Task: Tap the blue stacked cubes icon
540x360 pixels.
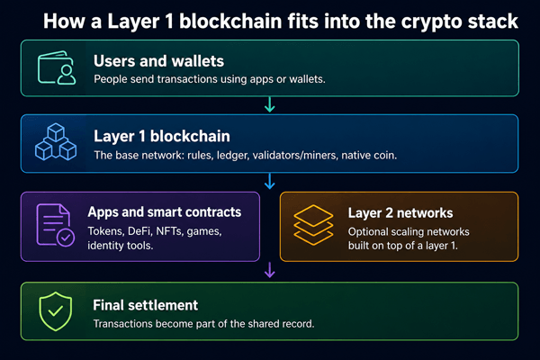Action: pyautogui.click(x=56, y=142)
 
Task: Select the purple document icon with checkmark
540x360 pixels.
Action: pyautogui.click(x=55, y=225)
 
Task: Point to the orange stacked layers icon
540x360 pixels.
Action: pyautogui.click(x=313, y=225)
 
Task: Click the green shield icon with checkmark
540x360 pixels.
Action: pyautogui.click(x=56, y=311)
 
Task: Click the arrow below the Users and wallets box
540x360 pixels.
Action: pyautogui.click(x=270, y=104)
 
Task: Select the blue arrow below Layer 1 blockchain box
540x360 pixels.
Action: pyautogui.click(x=270, y=181)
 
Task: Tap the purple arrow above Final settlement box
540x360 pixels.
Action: pyautogui.click(x=270, y=270)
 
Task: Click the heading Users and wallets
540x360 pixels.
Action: pyautogui.click(x=158, y=61)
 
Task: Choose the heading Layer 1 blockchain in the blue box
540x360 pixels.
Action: pyautogui.click(x=162, y=137)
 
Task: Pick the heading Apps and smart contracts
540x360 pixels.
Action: pyautogui.click(x=165, y=212)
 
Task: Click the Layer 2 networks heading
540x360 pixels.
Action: pyautogui.click(x=400, y=213)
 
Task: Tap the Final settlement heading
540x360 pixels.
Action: pyautogui.click(x=145, y=305)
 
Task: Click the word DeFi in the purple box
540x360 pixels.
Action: pyautogui.click(x=139, y=231)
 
